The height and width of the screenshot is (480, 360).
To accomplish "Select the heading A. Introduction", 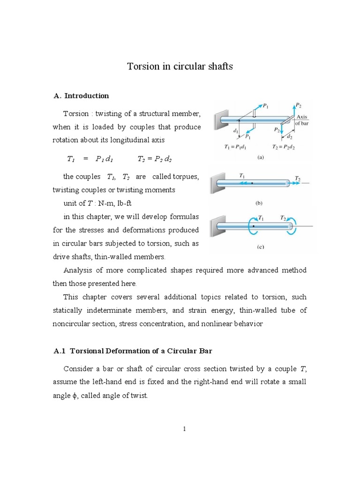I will [x=82, y=96].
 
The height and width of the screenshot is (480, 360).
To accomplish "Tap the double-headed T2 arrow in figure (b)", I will [x=296, y=184].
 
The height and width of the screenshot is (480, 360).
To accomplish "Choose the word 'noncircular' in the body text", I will [x=72, y=324].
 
